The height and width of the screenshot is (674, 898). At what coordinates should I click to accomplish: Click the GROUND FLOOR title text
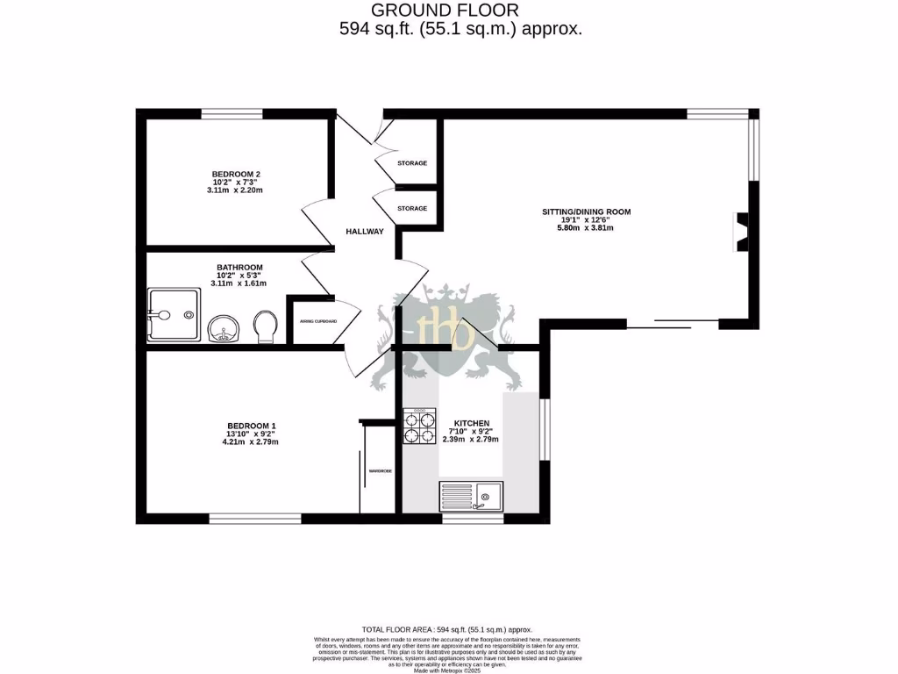tap(445, 11)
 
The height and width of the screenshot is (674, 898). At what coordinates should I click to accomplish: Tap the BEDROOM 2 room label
tap(236, 174)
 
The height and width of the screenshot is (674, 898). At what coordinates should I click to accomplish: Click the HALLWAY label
tap(364, 232)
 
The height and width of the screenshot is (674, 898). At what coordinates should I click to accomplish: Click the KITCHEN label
tap(471, 423)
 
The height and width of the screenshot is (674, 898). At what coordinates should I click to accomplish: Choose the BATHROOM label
tap(239, 268)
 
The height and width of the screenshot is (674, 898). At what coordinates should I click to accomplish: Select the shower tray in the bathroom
tap(173, 315)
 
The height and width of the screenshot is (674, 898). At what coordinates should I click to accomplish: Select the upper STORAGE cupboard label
tap(412, 163)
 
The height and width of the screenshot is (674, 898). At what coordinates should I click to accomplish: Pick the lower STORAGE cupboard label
tap(412, 208)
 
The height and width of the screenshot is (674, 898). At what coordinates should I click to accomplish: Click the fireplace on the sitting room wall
tap(741, 232)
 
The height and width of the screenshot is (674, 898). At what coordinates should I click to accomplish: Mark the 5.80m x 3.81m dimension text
tap(585, 228)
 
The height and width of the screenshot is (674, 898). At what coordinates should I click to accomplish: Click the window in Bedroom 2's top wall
tap(232, 113)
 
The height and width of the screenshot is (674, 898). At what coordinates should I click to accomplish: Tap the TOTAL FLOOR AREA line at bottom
tap(447, 629)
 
